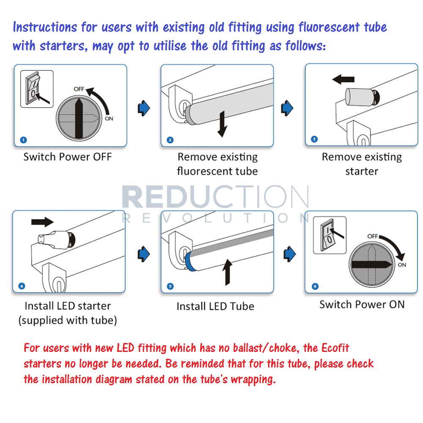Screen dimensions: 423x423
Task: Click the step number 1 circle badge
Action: (23, 140)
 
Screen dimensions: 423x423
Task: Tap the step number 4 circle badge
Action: (22, 286)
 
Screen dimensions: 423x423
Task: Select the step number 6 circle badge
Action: (315, 286)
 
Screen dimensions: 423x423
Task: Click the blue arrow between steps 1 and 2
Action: (144, 108)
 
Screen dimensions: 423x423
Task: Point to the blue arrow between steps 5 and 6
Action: (290, 254)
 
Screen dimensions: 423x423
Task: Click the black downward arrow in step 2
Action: (222, 124)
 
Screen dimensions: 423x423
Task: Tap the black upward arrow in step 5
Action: (228, 272)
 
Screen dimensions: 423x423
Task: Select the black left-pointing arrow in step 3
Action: (343, 80)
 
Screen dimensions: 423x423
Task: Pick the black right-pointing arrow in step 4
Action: (42, 222)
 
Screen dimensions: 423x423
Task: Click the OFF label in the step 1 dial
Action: (79, 89)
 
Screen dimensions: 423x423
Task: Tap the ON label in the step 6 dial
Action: (402, 265)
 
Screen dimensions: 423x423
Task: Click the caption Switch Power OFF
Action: (67, 157)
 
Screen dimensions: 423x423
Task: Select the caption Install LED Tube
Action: (215, 306)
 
